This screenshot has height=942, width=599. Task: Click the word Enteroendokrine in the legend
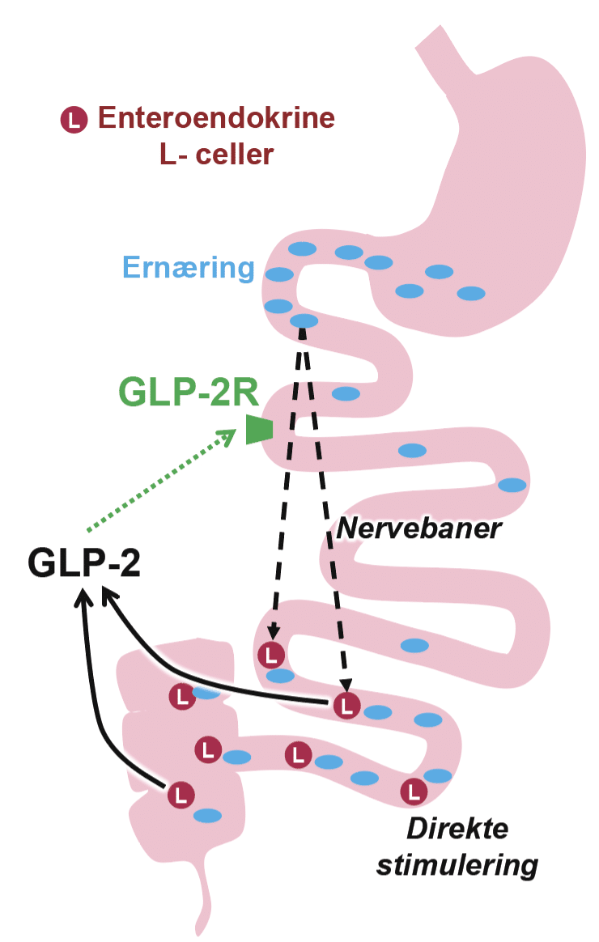pos(216,119)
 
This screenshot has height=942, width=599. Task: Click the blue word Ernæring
pos(189,267)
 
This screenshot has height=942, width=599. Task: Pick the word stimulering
pos(457,865)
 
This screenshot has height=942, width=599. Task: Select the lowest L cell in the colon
pos(181,794)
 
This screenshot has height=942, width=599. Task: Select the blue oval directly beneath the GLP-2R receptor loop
pos(413,450)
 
